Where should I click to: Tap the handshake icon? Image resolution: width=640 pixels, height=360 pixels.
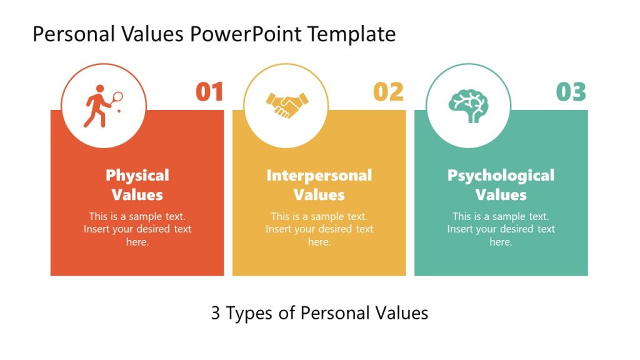coord(287,104)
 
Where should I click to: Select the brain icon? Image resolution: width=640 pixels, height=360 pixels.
coord(469,105)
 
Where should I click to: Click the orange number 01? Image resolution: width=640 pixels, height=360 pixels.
coord(209,92)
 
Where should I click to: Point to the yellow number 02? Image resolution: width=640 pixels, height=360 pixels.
coord(388,92)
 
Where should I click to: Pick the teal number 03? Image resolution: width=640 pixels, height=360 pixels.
coord(571,92)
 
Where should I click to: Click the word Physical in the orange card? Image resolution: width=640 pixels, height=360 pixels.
coord(137,176)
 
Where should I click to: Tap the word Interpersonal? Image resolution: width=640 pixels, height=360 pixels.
coord(319,176)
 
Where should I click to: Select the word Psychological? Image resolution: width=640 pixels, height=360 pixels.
coord(501,176)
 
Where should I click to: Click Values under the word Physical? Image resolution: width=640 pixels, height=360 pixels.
coord(137,195)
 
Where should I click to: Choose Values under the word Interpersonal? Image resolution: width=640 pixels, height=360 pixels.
coord(319,195)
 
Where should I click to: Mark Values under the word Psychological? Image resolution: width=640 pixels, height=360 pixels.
coord(501,195)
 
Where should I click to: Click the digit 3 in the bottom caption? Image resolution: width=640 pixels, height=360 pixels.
coord(216,313)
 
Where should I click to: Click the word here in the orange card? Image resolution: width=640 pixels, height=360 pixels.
coord(137,242)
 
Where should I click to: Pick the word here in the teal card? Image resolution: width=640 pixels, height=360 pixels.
coord(501,242)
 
